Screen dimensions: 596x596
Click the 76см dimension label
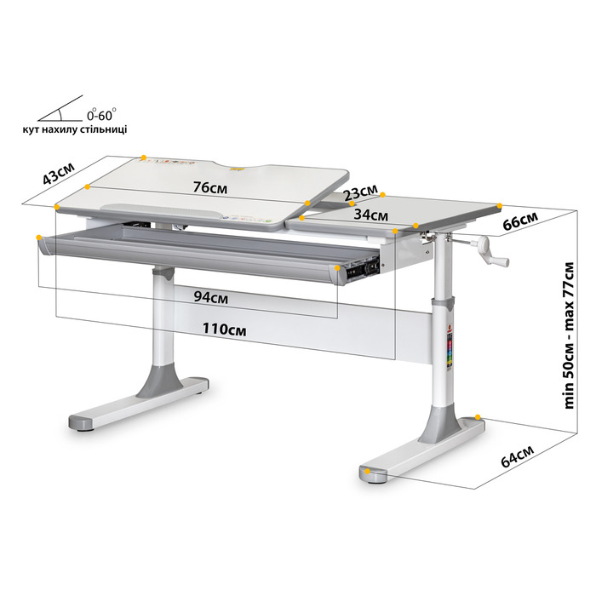click(x=210, y=187)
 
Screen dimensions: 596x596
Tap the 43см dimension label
click(x=58, y=174)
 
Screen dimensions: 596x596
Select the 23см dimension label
click(x=360, y=192)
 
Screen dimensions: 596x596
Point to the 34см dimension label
click(x=370, y=215)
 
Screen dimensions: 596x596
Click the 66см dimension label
click(x=520, y=221)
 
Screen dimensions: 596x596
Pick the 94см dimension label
click(x=211, y=297)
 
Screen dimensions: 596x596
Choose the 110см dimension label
click(x=224, y=329)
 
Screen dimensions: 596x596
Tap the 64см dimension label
click(x=517, y=456)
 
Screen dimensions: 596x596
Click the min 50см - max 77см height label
click(x=569, y=335)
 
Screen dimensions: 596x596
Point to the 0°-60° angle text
click(x=101, y=114)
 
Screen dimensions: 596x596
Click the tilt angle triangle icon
click(x=60, y=109)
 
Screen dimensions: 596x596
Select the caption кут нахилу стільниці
click(x=75, y=129)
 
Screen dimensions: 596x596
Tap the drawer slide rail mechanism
click(x=362, y=266)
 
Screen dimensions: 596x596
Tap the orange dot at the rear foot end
click(x=478, y=417)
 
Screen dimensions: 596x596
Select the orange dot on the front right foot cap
click(x=367, y=472)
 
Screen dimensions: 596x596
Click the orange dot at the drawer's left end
click(x=39, y=238)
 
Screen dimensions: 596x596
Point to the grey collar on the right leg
click(x=443, y=304)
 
